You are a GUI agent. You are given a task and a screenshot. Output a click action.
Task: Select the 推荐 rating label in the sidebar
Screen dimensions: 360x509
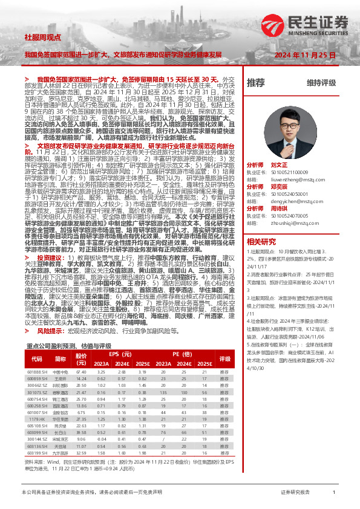coord(256,82)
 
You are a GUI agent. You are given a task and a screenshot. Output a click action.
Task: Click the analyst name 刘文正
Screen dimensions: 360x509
coord(279,165)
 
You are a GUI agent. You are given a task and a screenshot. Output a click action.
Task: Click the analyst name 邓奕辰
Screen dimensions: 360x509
coord(279,187)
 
